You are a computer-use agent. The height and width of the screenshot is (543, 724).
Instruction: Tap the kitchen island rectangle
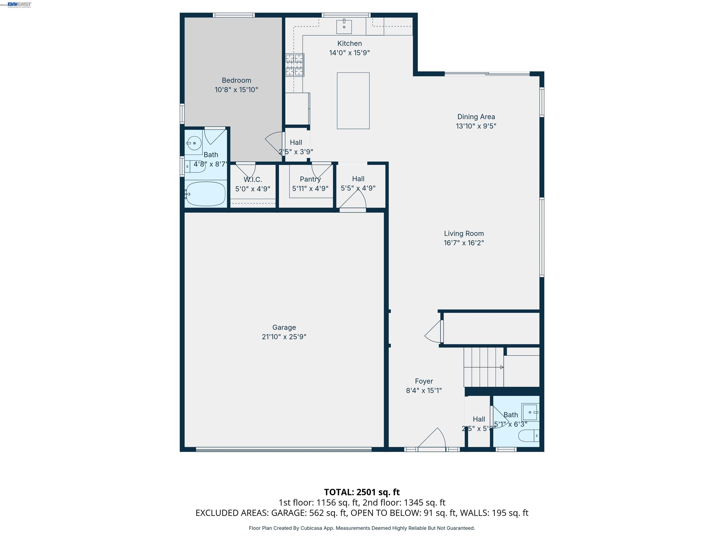point(353,100)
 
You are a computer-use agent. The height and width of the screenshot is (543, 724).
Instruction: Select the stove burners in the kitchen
point(295,65)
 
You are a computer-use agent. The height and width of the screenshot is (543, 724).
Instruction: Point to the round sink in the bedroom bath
point(194,143)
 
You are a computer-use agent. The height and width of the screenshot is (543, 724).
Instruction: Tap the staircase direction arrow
point(502,367)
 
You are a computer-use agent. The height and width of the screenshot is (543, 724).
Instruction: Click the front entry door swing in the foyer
point(434,439)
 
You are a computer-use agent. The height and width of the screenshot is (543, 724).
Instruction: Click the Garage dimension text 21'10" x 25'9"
point(284,337)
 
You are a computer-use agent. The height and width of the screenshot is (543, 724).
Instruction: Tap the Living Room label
point(464,233)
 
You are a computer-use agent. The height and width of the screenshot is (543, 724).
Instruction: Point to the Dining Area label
point(476,116)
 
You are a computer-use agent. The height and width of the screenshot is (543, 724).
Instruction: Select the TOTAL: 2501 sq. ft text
point(362,492)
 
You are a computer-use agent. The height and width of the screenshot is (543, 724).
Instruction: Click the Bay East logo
point(19,4)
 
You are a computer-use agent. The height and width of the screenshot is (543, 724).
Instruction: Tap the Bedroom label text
point(236,80)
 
